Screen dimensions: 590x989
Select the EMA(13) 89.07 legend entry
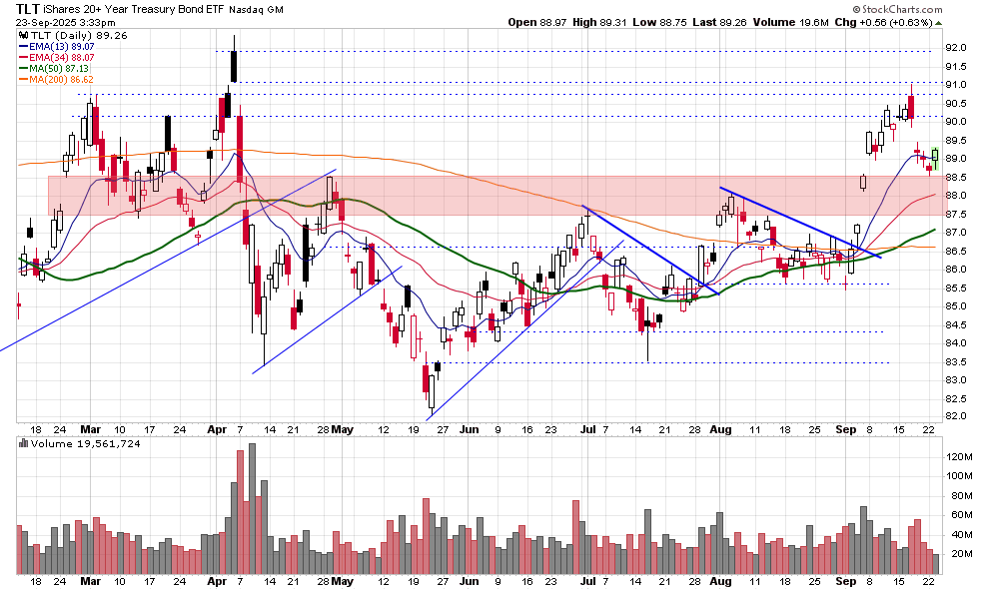[x=60, y=45]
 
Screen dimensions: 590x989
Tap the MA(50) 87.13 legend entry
[x=58, y=69]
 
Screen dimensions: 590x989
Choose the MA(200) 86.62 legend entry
[x=61, y=80]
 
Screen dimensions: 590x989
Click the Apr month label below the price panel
[x=217, y=430]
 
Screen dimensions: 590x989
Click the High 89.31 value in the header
[x=616, y=22]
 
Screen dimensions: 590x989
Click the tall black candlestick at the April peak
[x=233, y=65]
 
